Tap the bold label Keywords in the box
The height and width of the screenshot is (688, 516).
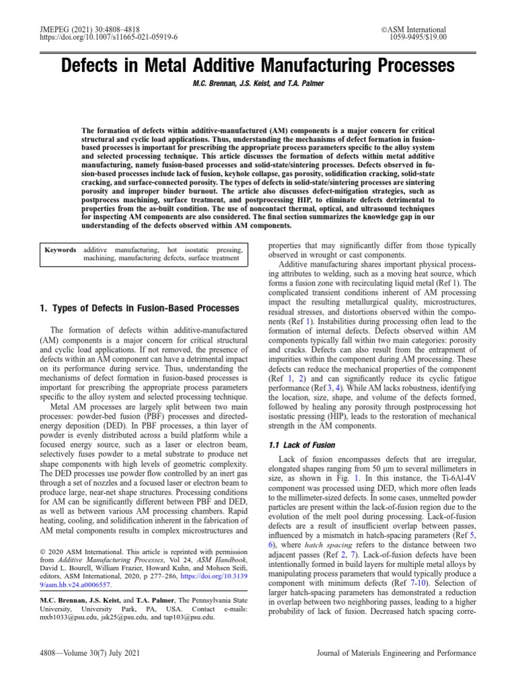click(x=60, y=250)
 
